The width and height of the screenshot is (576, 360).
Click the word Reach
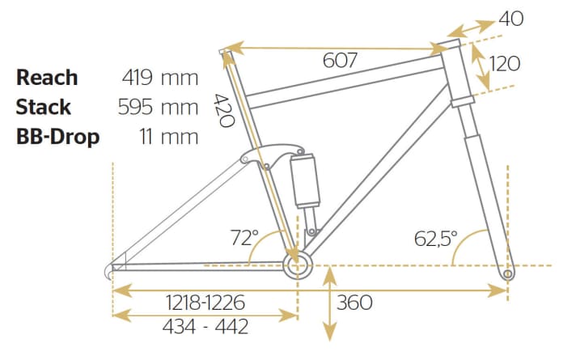[48, 78]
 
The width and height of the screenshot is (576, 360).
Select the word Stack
[44, 107]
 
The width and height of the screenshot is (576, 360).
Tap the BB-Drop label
[57, 136]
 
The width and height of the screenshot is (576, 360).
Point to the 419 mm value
[159, 78]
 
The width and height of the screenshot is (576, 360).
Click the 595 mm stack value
[159, 107]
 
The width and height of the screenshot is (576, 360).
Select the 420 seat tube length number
[223, 111]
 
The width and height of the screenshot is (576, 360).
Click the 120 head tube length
[506, 63]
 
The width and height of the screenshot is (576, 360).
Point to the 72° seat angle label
[244, 239]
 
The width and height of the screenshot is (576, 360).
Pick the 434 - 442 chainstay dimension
[205, 327]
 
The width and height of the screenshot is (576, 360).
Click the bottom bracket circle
[295, 265]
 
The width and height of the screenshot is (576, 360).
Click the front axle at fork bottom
[508, 273]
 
